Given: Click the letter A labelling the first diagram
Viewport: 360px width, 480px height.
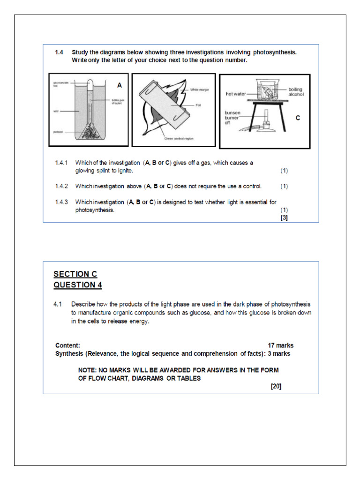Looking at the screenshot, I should tap(120, 85).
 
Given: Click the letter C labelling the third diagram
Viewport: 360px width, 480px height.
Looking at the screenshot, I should tap(297, 119).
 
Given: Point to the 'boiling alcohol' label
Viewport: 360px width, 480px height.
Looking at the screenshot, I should tap(296, 91).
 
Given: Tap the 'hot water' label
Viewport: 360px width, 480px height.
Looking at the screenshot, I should tap(236, 94).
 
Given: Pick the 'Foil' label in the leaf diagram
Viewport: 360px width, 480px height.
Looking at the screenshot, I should tap(198, 105).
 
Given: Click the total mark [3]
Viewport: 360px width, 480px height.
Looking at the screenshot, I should tap(284, 217).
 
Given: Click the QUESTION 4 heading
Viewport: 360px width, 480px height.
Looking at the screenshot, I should tap(77, 285).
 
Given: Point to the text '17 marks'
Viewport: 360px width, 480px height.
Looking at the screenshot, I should tap(281, 345).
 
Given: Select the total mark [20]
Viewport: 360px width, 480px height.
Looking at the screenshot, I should tap(276, 387).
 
